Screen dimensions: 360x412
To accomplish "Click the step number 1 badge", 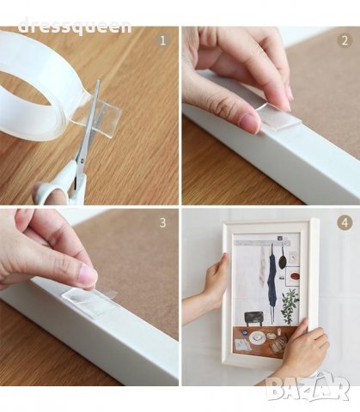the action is (x=163, y=40).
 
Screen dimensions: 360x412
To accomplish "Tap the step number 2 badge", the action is (x=345, y=40).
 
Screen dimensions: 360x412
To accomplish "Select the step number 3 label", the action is (x=162, y=222).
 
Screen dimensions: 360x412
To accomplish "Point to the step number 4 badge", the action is (x=345, y=222).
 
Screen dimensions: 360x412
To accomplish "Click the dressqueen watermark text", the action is (x=75, y=27).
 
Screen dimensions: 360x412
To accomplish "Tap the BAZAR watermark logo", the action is (x=308, y=386).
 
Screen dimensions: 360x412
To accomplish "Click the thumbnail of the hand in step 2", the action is (x=250, y=122).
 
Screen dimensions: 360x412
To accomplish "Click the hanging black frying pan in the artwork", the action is (x=283, y=259).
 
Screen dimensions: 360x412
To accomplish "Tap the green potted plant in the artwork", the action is (x=290, y=307).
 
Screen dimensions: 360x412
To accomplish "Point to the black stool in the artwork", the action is (x=253, y=318).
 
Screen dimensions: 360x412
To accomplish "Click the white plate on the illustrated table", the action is (x=256, y=338).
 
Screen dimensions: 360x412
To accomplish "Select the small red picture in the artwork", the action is (x=295, y=276).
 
